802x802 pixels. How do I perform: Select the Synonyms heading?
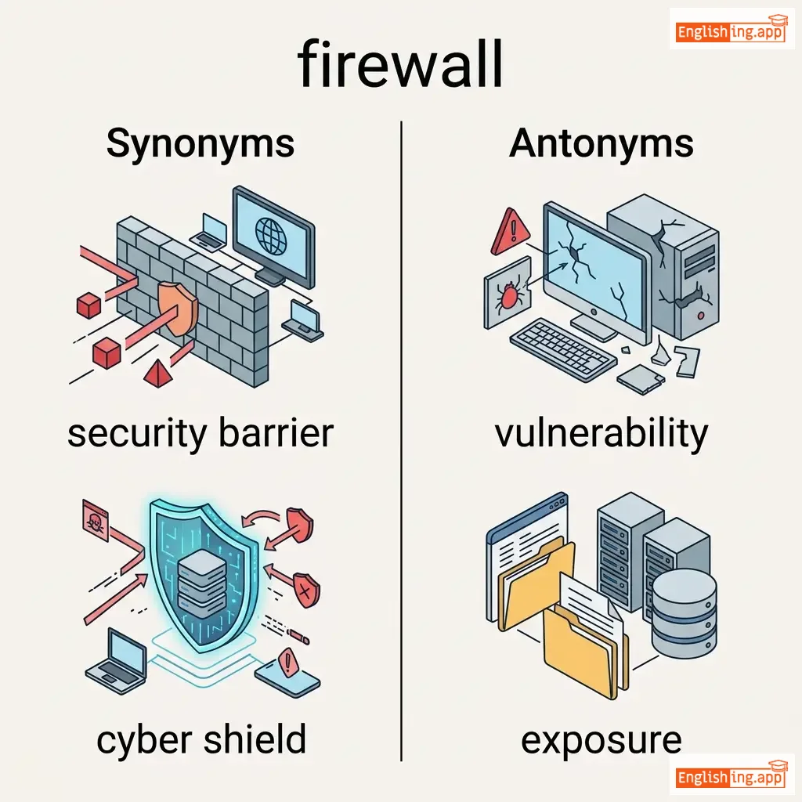point(200,144)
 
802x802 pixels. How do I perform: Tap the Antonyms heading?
point(601,144)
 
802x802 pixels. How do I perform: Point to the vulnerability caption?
point(601,433)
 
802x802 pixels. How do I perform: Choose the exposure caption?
point(601,739)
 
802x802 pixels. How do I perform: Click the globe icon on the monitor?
point(272,234)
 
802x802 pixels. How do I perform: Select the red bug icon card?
point(508,297)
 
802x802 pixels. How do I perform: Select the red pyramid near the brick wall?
point(160,373)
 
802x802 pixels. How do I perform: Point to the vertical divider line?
point(401,439)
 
